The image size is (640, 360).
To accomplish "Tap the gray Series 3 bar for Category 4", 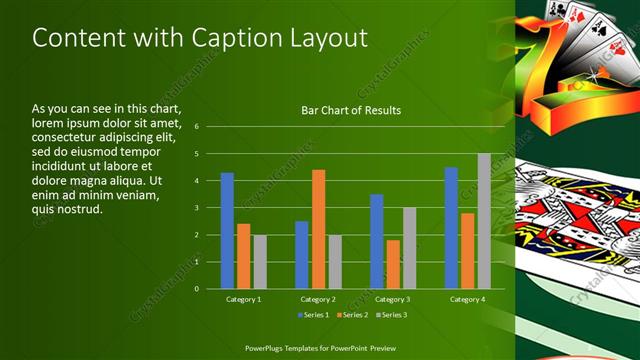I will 484,221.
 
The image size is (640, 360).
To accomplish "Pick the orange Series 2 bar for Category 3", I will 393,264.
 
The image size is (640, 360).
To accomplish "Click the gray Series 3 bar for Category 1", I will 260,262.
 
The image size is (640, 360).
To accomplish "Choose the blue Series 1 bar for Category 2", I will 302,255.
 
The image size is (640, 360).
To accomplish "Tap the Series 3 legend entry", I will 389,315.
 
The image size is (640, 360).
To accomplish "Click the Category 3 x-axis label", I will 393,299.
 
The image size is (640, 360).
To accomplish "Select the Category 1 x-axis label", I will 244,299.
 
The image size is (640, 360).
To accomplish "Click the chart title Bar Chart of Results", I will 351,110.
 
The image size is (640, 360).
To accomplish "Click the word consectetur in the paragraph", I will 70,136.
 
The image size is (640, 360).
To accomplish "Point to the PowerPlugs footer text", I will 319,346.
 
